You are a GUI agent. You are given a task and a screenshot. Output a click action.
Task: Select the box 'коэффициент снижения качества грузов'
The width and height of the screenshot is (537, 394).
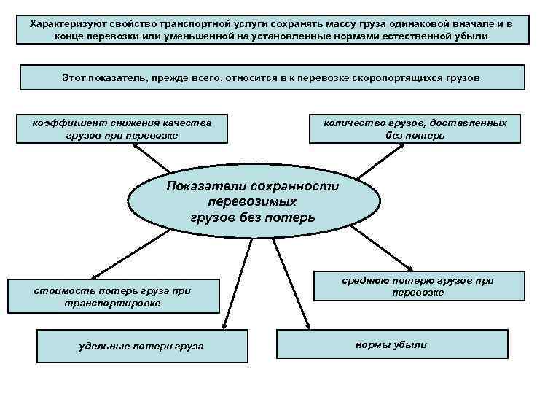(x=122, y=129)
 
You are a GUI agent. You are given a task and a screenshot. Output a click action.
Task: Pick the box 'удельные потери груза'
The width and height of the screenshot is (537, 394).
(x=141, y=345)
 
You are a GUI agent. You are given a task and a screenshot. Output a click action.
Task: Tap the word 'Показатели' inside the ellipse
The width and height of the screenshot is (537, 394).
(x=204, y=186)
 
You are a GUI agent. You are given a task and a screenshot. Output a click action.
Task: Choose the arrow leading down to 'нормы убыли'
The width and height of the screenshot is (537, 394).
(x=291, y=285)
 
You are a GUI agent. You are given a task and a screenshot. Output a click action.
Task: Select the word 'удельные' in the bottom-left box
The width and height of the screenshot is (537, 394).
(x=101, y=345)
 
